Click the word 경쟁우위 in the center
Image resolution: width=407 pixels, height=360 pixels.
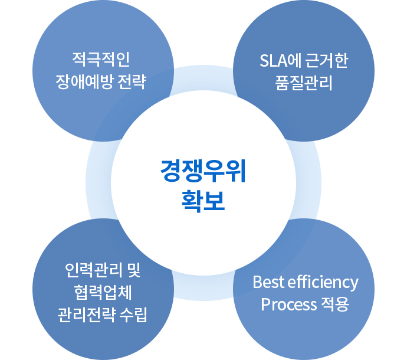point(203,171)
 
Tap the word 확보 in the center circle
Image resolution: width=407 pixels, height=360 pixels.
point(203,201)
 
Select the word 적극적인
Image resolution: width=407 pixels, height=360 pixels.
point(101,60)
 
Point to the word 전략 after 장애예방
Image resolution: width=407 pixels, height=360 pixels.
point(132,82)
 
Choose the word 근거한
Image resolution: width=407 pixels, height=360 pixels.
point(327,61)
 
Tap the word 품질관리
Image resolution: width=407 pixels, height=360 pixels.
point(304,83)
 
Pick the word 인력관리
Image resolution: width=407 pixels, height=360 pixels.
point(94,270)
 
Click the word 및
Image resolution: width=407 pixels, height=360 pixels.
point(134,270)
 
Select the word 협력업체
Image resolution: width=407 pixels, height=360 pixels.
point(103,293)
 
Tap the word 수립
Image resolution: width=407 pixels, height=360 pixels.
point(133,315)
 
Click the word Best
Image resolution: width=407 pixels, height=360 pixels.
point(268,282)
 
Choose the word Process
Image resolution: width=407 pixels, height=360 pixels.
point(288,305)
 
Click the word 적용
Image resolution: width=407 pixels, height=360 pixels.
point(335,304)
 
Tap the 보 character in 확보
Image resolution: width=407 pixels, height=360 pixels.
point(214,201)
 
